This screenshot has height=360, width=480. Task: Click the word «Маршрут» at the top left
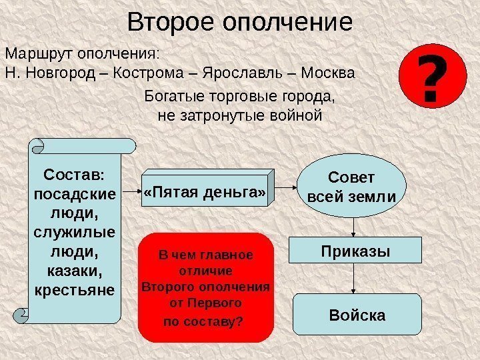[x=39, y=53]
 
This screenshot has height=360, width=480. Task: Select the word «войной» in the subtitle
[x=298, y=115]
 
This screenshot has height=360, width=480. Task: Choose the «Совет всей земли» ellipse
[x=351, y=188]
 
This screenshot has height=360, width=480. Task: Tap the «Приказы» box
[x=355, y=251]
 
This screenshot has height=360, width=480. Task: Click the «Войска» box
[x=357, y=315]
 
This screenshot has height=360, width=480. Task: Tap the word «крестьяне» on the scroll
[x=73, y=291]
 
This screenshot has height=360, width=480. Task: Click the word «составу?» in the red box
[x=204, y=322]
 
